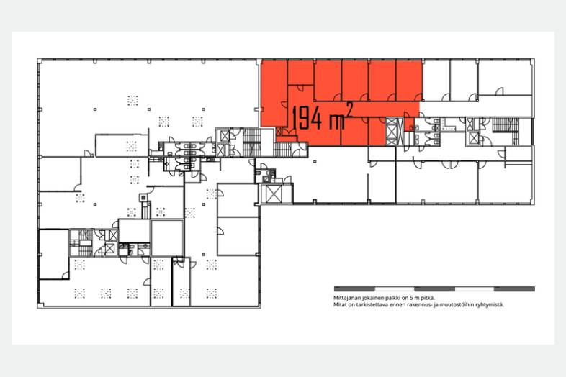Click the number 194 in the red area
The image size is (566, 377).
click(307, 117)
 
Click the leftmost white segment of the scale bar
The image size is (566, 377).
click(394, 289)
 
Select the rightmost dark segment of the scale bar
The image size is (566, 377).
click(514, 289)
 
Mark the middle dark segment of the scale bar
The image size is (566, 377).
click(434, 289)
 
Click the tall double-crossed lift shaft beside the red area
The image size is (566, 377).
click(392, 132)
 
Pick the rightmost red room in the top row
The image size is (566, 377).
click(409, 80)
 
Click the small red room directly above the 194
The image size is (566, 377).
click(300, 73)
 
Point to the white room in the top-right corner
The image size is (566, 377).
click(506, 77)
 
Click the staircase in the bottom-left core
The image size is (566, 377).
click(82, 243)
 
